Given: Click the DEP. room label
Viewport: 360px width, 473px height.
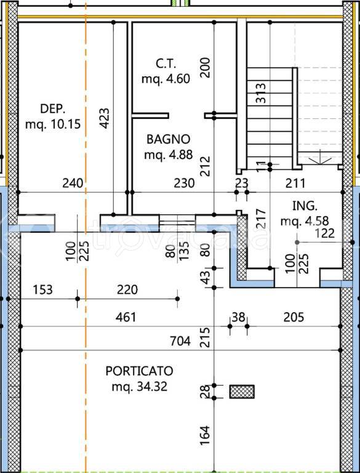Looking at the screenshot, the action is (53, 108).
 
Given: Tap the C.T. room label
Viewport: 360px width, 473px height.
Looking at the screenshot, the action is (166, 63).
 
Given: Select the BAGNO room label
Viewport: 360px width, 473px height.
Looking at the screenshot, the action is (169, 139).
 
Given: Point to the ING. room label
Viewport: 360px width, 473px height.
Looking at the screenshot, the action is (305, 206).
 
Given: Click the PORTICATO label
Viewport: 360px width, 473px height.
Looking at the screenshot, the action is (139, 371).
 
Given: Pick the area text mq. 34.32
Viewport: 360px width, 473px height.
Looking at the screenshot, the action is (139, 386).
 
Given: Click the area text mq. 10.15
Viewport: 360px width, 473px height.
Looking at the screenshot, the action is (53, 124).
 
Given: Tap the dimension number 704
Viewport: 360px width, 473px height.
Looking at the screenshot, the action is (180, 341).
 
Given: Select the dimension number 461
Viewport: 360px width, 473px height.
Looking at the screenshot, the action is (126, 317).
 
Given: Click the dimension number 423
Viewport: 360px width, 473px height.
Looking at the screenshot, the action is (105, 118).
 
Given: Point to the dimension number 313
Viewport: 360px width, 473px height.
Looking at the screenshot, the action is (261, 93).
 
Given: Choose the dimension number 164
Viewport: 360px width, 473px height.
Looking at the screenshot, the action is (205, 435).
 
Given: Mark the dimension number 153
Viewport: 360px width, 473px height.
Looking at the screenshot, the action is (43, 289).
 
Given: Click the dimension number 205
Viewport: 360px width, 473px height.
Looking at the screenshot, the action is (294, 317).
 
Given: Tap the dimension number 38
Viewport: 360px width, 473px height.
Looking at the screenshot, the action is (238, 317).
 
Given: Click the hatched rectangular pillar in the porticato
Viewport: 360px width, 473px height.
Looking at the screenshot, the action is (242, 392).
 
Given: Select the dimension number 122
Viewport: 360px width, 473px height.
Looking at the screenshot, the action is (324, 233).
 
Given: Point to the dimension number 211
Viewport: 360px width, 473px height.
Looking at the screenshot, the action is (295, 183).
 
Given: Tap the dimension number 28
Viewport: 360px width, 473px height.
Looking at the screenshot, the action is (205, 392).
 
